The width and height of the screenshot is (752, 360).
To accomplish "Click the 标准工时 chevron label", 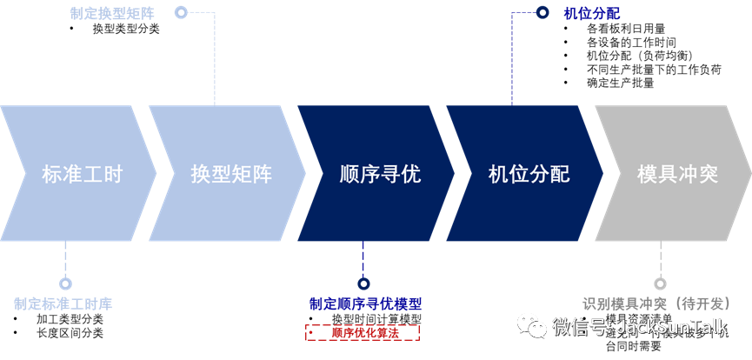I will (83, 174).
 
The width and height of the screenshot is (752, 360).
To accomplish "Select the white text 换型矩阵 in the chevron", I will (231, 174).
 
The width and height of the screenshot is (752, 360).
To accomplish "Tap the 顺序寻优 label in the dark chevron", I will (380, 174).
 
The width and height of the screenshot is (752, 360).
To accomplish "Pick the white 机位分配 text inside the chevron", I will (529, 174).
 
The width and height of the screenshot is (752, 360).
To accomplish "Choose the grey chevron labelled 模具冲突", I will (677, 174).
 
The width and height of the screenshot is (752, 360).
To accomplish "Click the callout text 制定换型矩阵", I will (112, 13).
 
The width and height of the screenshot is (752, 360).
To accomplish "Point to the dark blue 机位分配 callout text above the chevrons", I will (591, 13).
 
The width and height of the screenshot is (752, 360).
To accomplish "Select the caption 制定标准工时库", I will (63, 304).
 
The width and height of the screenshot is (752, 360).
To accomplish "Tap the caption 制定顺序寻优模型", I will (365, 304).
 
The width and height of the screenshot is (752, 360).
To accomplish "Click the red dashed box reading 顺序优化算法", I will (363, 332).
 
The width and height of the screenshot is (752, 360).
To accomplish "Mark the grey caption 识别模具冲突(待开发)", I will (665, 304).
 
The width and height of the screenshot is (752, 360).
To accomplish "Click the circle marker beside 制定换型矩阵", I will (181, 12).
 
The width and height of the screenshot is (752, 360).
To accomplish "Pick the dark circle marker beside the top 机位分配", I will (542, 12).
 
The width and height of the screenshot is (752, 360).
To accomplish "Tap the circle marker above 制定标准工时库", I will (65, 283).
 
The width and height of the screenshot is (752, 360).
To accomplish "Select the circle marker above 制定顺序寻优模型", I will (363, 283).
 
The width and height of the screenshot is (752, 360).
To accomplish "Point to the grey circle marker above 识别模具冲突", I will (660, 283).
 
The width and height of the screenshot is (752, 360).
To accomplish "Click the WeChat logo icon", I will (532, 326).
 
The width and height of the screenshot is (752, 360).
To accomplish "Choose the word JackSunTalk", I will (672, 327).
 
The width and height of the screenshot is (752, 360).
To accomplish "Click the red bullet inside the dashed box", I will (311, 332).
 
